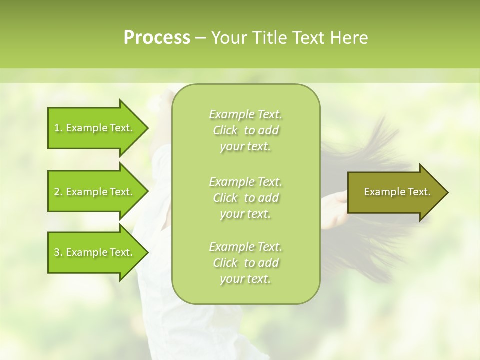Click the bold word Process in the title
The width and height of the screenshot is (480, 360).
(x=157, y=38)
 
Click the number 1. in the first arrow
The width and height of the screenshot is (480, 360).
(x=58, y=128)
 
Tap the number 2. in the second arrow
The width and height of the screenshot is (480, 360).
(x=58, y=192)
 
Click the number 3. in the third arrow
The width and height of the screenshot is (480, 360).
(x=58, y=252)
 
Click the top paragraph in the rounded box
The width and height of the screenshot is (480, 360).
(x=245, y=130)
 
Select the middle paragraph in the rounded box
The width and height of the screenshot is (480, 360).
(x=245, y=198)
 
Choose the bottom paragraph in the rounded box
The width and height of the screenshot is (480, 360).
(x=245, y=263)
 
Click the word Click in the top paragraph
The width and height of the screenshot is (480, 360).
(x=225, y=130)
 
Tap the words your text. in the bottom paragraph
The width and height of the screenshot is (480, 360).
(x=245, y=279)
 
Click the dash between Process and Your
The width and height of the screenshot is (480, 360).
(x=201, y=38)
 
